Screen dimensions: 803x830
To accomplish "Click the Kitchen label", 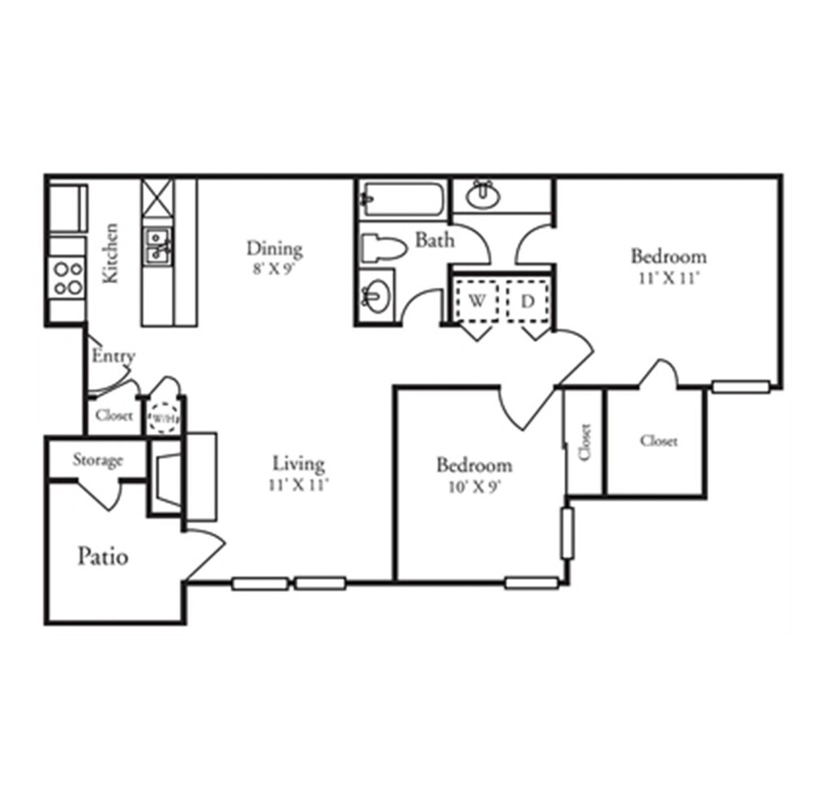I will (111, 253).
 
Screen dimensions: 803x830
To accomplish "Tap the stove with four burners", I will (66, 278).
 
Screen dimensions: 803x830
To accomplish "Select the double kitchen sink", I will (156, 246).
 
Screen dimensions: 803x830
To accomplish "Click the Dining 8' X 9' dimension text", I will (275, 270).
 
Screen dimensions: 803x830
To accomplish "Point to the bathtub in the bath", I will (403, 198).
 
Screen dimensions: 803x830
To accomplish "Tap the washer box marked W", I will (477, 301).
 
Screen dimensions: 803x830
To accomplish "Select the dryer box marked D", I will (528, 301).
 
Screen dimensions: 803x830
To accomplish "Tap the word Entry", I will (113, 356).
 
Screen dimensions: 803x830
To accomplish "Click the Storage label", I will (97, 461).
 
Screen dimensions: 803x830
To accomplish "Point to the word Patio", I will (103, 557).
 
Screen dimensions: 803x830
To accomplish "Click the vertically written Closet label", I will (585, 442).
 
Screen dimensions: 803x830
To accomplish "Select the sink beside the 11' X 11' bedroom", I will (484, 195).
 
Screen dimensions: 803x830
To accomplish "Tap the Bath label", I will (434, 240).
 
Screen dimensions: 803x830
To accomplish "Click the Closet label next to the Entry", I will (113, 415).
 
